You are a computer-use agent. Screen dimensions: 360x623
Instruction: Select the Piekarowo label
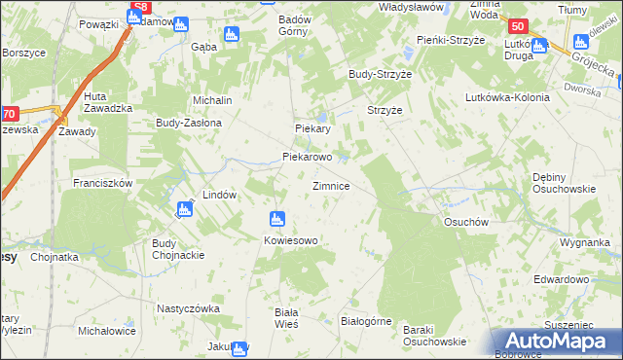(308, 156)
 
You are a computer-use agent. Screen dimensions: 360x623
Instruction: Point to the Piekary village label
(313, 128)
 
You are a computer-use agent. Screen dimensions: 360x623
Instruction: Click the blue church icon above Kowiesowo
(277, 220)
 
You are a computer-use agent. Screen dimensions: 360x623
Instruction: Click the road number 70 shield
(9, 114)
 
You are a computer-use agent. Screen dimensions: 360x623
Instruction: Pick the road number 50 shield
(519, 27)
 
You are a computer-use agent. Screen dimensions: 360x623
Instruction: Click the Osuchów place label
(465, 222)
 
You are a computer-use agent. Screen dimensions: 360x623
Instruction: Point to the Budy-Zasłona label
(190, 124)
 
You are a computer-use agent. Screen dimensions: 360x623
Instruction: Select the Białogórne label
(365, 319)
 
